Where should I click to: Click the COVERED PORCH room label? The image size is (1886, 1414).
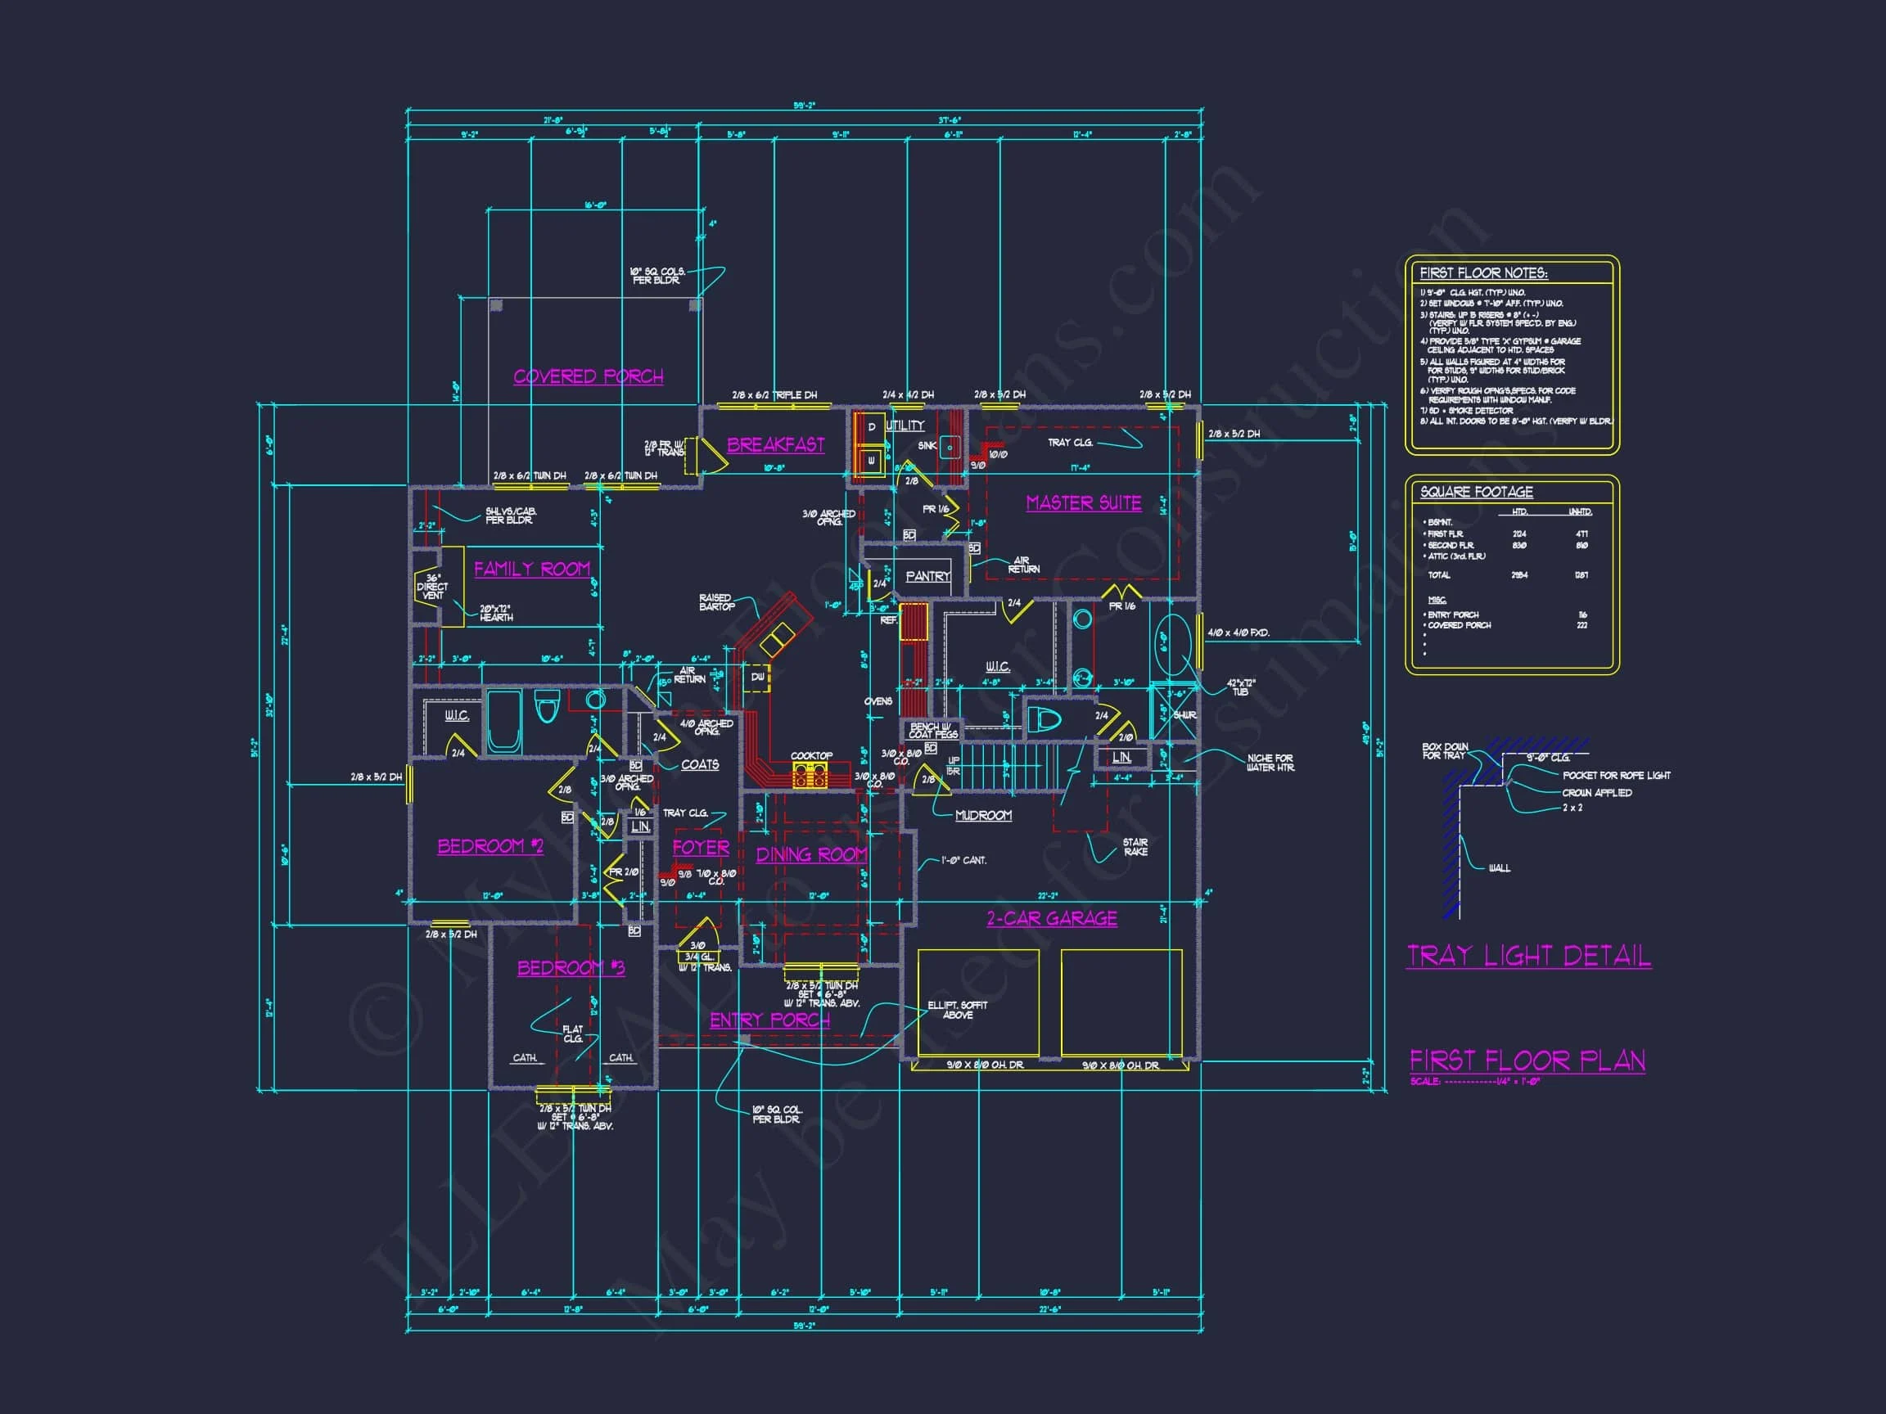pyautogui.click(x=589, y=376)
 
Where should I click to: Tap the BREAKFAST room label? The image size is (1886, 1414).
pyautogui.click(x=775, y=444)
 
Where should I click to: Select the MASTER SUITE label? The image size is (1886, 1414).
pyautogui.click(x=1084, y=503)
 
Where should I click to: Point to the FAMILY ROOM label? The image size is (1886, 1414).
pyautogui.click(x=532, y=569)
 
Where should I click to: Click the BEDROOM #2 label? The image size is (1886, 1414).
pyautogui.click(x=490, y=845)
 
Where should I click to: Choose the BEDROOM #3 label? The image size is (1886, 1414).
pyautogui.click(x=571, y=967)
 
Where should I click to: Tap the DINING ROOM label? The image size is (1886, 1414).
pyautogui.click(x=811, y=854)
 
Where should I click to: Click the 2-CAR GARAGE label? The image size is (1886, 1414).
pyautogui.click(x=1051, y=918)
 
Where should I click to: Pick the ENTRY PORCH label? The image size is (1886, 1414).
pyautogui.click(x=770, y=1020)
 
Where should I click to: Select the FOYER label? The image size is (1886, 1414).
pyautogui.click(x=700, y=847)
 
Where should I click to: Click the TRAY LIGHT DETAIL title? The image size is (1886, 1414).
pyautogui.click(x=1529, y=956)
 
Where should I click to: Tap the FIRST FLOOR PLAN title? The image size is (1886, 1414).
pyautogui.click(x=1527, y=1060)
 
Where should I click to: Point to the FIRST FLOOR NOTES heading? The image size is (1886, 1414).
pyautogui.click(x=1482, y=272)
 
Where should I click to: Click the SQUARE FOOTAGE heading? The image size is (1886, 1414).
pyautogui.click(x=1476, y=492)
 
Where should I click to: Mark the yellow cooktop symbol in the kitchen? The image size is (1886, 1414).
pyautogui.click(x=810, y=775)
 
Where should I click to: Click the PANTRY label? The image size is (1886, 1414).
pyautogui.click(x=927, y=576)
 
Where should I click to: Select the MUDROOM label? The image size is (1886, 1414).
pyautogui.click(x=983, y=815)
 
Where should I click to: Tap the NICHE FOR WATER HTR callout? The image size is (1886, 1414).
pyautogui.click(x=1270, y=762)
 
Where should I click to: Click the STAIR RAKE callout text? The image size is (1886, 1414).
pyautogui.click(x=1135, y=846)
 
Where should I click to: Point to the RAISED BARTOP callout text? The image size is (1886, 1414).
pyautogui.click(x=716, y=601)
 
